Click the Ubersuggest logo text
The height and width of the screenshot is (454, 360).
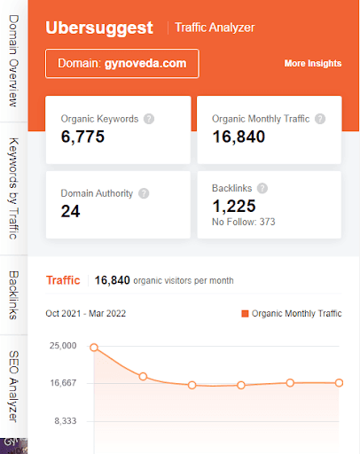click(x=98, y=27)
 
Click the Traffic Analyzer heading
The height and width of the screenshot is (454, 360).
click(x=215, y=27)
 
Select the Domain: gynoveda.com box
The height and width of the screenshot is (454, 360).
click(x=121, y=64)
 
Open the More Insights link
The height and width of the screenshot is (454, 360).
click(x=312, y=64)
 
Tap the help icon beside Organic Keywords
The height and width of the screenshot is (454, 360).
click(x=149, y=119)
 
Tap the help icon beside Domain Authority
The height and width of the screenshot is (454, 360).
click(x=144, y=192)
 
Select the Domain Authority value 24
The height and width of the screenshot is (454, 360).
click(x=70, y=211)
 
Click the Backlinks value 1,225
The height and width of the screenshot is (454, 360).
click(x=236, y=205)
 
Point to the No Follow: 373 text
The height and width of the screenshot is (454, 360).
click(x=244, y=222)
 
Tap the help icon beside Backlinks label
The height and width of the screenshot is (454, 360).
click(x=262, y=188)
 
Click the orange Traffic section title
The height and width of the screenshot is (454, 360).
click(x=63, y=280)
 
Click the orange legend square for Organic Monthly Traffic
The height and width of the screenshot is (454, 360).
click(x=245, y=314)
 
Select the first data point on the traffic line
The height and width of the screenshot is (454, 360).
click(x=93, y=348)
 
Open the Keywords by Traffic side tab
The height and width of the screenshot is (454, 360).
click(x=13, y=188)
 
